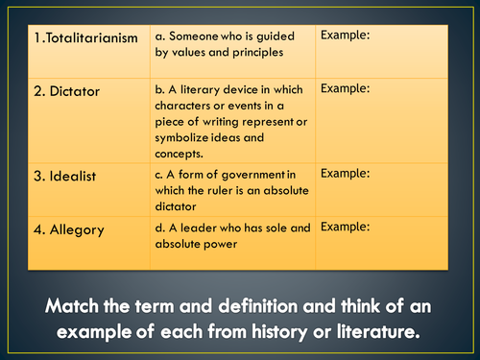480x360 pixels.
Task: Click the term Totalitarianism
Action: [x=85, y=37]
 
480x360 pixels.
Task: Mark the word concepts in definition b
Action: [x=180, y=154]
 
